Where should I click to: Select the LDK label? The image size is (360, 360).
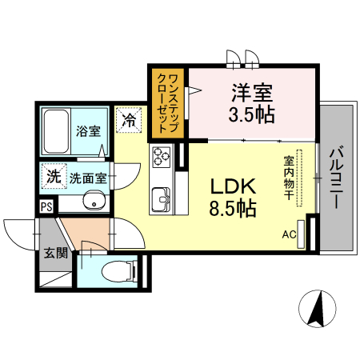(x=232, y=186)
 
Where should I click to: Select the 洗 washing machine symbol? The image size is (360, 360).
(x=53, y=177)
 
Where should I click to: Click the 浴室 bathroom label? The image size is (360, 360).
(x=88, y=130)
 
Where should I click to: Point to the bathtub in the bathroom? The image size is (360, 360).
(x=56, y=130)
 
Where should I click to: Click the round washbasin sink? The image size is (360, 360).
(x=95, y=202)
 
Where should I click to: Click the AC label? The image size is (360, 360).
(x=288, y=234)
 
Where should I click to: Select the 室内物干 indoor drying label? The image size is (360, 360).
(x=289, y=178)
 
